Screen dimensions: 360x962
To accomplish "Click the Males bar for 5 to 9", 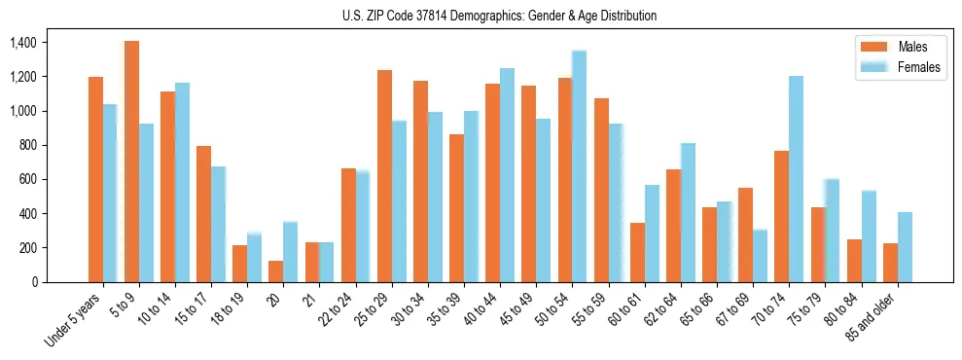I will [x=131, y=162].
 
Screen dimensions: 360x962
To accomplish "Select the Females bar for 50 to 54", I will [x=579, y=166].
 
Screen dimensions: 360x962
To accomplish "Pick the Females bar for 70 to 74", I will [x=796, y=179].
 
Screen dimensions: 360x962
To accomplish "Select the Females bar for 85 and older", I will [x=905, y=247].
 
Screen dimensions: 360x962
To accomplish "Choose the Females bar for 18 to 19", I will [x=254, y=258].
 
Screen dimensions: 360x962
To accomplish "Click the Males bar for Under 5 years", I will [x=95, y=180].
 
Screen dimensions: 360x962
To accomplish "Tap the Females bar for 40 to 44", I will [x=507, y=175].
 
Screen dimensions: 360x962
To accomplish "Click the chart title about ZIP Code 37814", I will [x=499, y=16].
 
